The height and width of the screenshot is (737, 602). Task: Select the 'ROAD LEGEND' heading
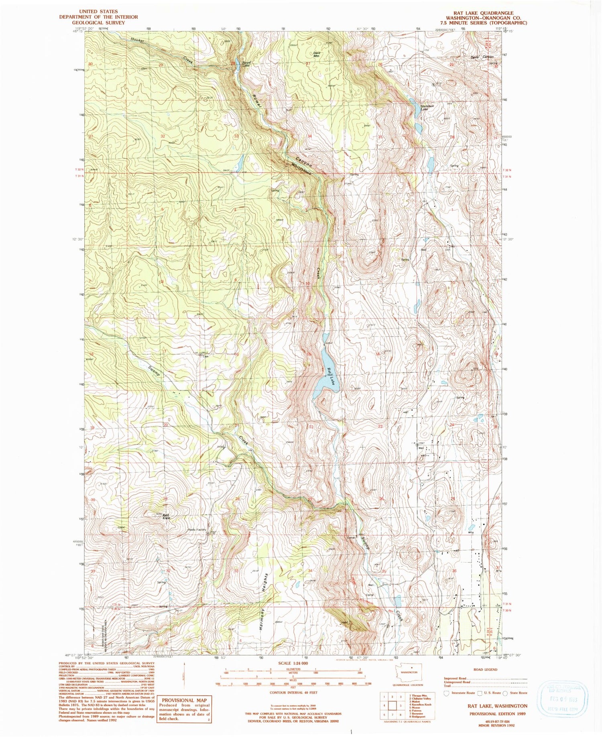(x=486, y=670)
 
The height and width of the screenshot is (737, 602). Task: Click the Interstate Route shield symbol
(x=446, y=692)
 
